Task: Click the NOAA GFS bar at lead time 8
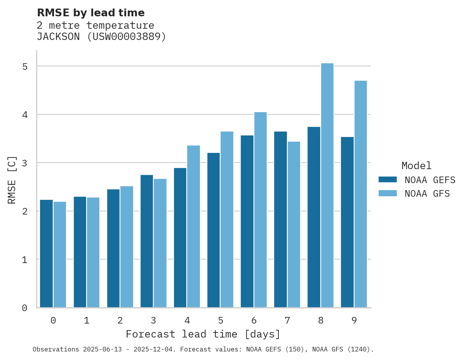click(327, 185)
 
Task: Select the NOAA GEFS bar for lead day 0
click(46, 254)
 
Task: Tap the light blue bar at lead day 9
click(361, 194)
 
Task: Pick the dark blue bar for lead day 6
click(247, 221)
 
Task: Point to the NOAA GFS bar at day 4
click(193, 226)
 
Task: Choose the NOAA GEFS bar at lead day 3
click(147, 241)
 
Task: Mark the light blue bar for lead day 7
click(294, 224)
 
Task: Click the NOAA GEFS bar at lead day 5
click(214, 230)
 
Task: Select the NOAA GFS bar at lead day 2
click(127, 247)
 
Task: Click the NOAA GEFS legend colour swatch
click(388, 180)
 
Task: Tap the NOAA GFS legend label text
click(427, 194)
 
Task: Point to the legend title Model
click(416, 166)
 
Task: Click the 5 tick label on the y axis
click(25, 67)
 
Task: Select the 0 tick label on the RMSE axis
click(25, 308)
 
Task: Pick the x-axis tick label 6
click(254, 321)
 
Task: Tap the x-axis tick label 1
click(87, 321)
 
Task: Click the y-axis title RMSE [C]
click(12, 180)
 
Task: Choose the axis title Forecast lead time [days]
click(203, 334)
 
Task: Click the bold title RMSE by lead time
click(90, 13)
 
